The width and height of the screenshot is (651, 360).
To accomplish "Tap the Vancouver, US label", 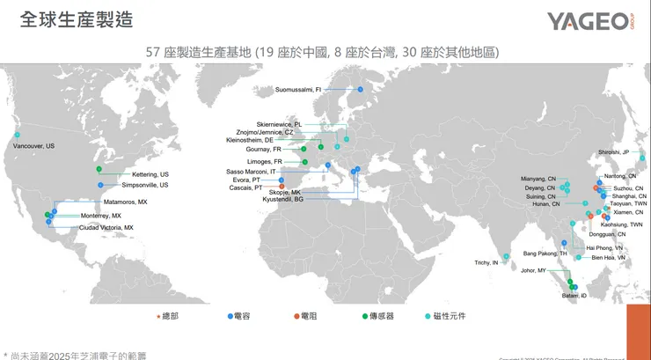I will (x=33, y=145).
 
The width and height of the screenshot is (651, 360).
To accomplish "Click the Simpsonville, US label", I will (x=144, y=185).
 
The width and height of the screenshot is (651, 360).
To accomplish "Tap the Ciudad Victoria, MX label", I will (x=106, y=227).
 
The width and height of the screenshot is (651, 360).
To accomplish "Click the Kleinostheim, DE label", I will (x=250, y=140).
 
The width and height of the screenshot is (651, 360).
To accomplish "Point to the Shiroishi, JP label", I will (x=615, y=152).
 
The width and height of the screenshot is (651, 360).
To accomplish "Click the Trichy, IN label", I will (x=486, y=263).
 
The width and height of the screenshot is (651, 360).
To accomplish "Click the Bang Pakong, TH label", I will (x=545, y=253).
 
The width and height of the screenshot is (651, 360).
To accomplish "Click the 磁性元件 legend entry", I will (x=452, y=314).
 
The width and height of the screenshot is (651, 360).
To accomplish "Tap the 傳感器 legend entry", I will (x=382, y=314).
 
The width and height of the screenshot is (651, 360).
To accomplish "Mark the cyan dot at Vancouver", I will (x=17, y=135).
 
